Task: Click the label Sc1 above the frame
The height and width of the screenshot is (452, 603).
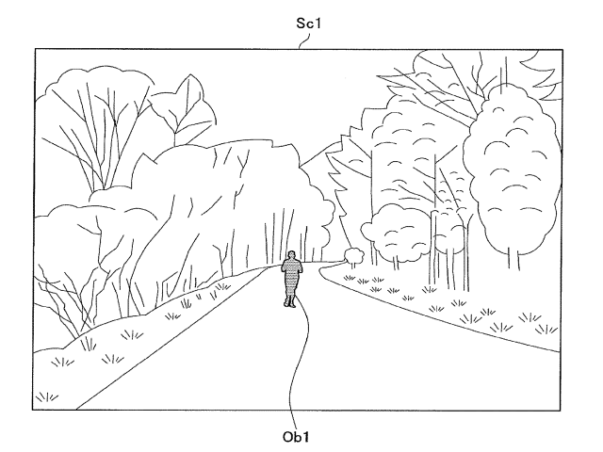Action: [308, 24]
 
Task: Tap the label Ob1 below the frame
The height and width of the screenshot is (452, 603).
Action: [296, 437]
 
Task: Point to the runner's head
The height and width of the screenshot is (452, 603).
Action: [292, 255]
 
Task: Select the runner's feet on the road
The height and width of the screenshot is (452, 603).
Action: [290, 304]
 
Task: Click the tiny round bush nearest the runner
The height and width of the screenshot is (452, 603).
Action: [354, 254]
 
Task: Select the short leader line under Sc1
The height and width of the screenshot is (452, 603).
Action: [304, 41]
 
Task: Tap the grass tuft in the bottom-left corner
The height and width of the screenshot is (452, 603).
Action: [46, 396]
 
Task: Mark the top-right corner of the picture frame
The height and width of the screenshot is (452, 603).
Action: [562, 50]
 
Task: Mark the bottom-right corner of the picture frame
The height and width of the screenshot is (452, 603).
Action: [561, 411]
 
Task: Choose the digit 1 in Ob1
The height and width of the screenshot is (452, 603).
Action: [305, 437]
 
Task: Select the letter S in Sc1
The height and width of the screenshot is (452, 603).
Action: [301, 24]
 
